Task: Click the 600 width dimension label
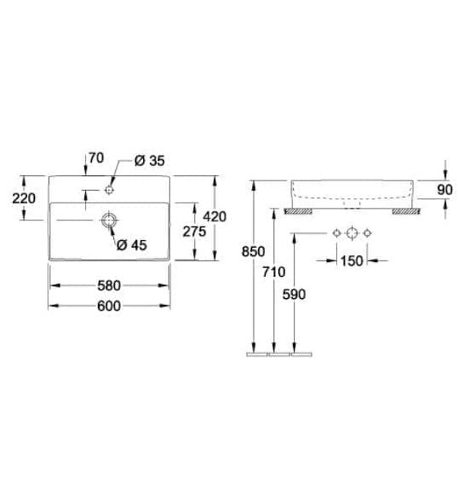(x=109, y=306)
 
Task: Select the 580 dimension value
(x=109, y=285)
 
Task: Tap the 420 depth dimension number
(x=215, y=216)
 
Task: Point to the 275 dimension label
(x=194, y=231)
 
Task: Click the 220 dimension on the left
(x=23, y=198)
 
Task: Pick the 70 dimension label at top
(x=96, y=158)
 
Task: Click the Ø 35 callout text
(x=149, y=161)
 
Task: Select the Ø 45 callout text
(x=132, y=245)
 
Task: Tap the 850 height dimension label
(x=253, y=252)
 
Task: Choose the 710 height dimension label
(x=274, y=272)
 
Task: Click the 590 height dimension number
(x=294, y=295)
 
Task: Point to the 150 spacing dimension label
(x=352, y=261)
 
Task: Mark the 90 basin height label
(x=445, y=190)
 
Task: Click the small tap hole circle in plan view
(x=109, y=190)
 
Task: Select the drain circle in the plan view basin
(x=109, y=220)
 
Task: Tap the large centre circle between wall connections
(x=352, y=233)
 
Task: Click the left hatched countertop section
(x=298, y=211)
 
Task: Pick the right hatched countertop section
(x=406, y=211)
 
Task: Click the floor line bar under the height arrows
(x=279, y=354)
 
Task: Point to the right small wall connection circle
(x=367, y=233)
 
